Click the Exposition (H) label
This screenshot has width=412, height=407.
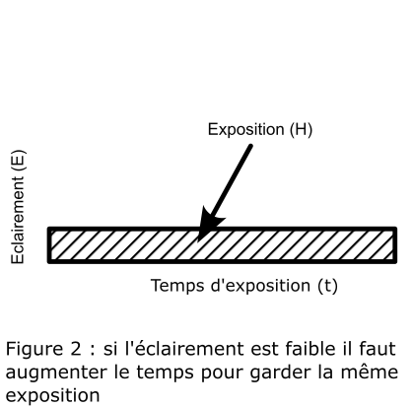pos(260,129)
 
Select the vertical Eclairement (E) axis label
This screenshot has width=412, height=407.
pos(18,207)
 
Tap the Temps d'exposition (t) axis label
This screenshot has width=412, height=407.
pos(244,286)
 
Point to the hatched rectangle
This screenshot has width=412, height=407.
pos(223,245)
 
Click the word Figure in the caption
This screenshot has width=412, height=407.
pos(34,349)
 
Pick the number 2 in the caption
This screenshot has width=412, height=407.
pos(75,349)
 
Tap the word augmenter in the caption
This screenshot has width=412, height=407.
pos(56,373)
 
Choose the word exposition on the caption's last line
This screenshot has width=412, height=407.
pos(52,396)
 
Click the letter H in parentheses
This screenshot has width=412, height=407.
pos(301,129)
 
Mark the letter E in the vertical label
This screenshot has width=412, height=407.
pos(18,161)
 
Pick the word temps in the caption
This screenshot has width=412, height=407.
pos(165,373)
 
